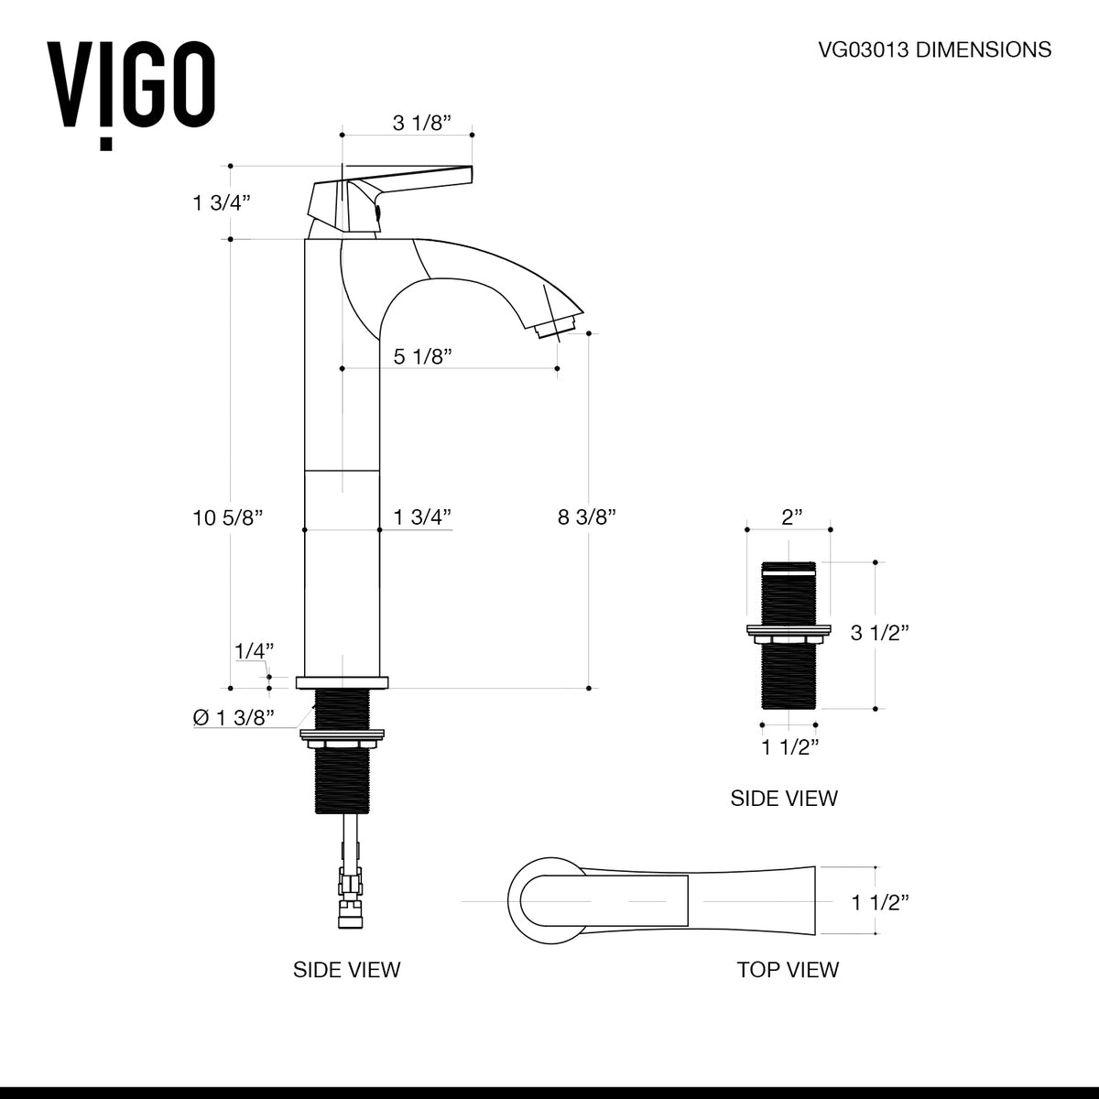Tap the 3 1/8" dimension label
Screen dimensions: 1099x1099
pos(422,123)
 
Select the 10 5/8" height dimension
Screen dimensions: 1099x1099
pos(228,517)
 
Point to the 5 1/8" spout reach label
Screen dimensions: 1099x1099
pos(424,356)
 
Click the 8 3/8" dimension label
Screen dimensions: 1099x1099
pos(586,517)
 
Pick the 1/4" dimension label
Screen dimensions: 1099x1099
pos(255,651)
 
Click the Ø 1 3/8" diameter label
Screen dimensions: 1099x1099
pos(234,718)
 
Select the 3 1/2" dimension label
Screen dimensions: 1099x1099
pos(879,632)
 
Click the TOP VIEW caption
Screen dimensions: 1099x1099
pos(788,969)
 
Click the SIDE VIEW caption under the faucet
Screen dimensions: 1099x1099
pos(346,969)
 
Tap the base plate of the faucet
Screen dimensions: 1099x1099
pos(342,682)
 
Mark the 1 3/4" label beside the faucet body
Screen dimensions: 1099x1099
pos(423,517)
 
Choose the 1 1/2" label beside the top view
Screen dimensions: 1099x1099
pos(879,902)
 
